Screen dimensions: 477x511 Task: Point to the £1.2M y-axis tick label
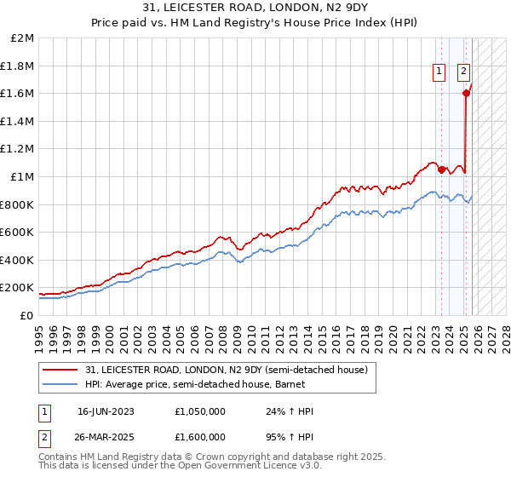pyautogui.click(x=19, y=149)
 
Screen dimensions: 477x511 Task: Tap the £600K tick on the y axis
pyautogui.click(x=18, y=233)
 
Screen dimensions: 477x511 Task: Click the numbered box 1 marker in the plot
pyautogui.click(x=439, y=72)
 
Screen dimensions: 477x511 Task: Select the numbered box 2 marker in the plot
pyautogui.click(x=464, y=72)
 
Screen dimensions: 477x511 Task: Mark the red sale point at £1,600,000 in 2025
pyautogui.click(x=466, y=94)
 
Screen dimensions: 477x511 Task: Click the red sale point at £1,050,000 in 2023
pyautogui.click(x=441, y=170)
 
